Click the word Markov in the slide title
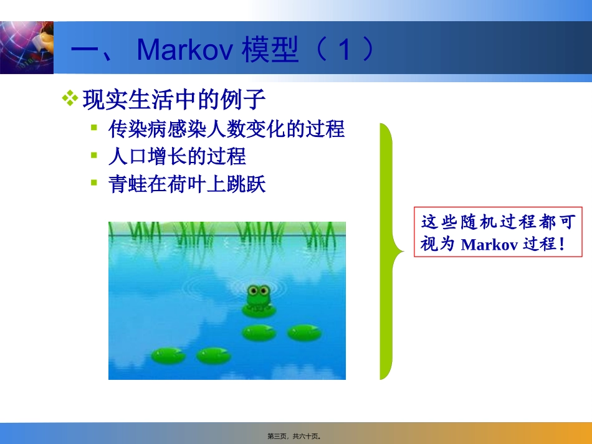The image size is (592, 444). click(184, 49)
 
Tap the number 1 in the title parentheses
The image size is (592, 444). click(344, 49)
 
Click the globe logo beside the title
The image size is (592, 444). click(27, 47)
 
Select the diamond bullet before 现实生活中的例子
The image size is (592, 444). click(70, 99)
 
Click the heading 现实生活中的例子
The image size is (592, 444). click(174, 100)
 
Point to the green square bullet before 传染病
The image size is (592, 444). click(94, 128)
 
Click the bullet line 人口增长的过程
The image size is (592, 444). click(177, 156)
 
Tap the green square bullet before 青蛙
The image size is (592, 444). click(94, 183)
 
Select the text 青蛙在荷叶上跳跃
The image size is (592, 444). click(187, 184)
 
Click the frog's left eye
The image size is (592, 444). click(253, 291)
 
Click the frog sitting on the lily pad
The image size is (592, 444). click(259, 298)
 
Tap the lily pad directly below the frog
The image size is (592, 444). click(259, 333)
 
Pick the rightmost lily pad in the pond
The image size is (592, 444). click(304, 333)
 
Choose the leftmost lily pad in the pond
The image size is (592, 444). click(168, 356)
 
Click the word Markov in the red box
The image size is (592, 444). click(489, 245)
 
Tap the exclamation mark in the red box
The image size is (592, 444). click(562, 244)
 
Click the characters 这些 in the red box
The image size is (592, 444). click(439, 222)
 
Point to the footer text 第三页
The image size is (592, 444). click(277, 437)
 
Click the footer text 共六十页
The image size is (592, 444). click(305, 437)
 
